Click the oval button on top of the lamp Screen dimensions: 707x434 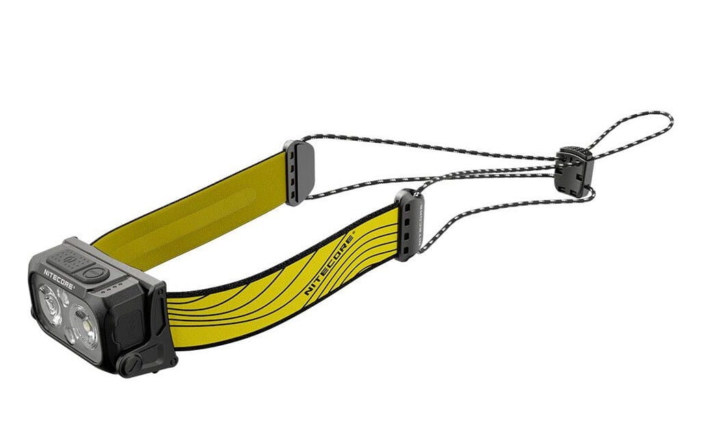pyautogui.click(x=94, y=273)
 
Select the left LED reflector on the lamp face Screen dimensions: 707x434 pyautogui.click(x=51, y=306)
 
